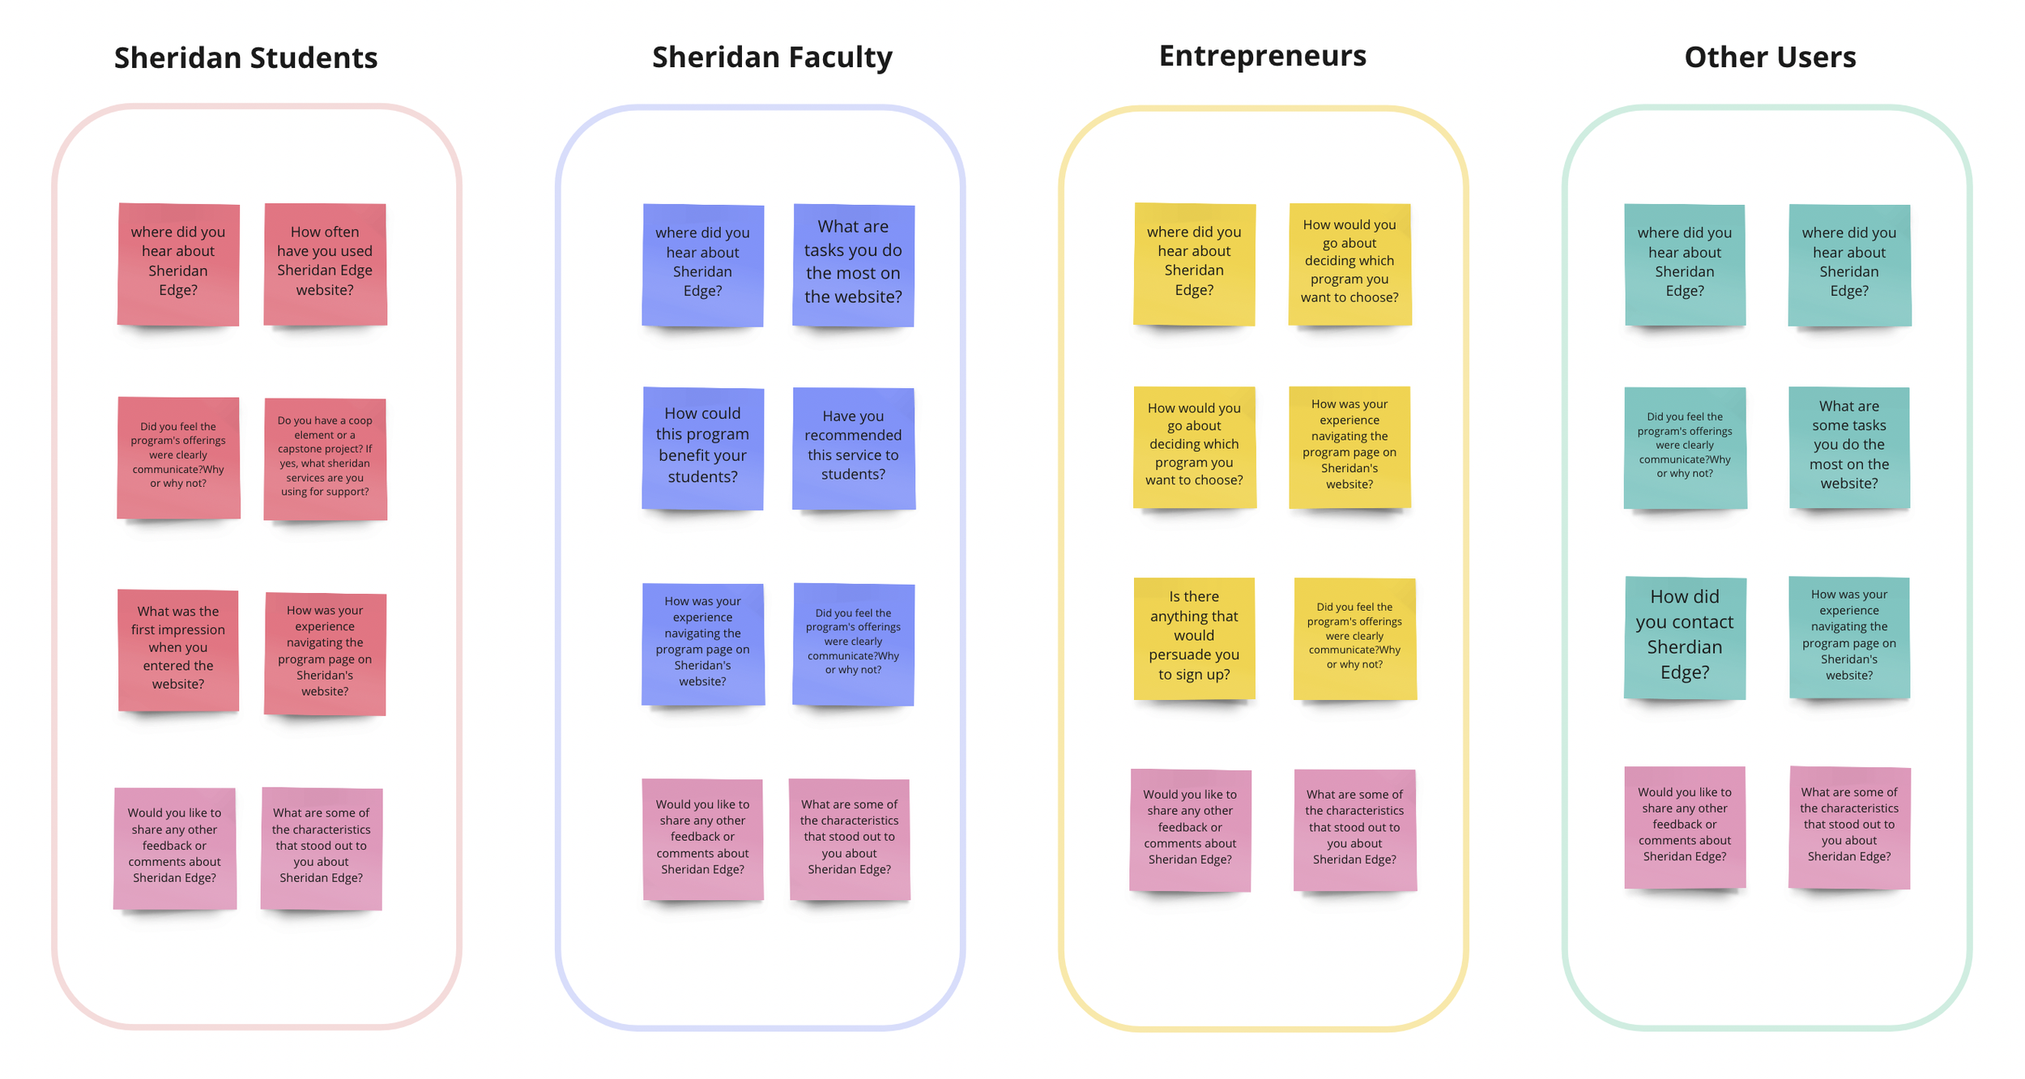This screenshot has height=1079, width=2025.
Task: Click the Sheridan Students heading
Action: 245,58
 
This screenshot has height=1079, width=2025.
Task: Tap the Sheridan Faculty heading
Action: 771,57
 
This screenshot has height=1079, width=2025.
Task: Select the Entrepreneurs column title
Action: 1262,55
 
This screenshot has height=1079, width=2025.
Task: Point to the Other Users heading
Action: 1770,57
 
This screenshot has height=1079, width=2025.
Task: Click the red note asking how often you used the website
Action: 325,263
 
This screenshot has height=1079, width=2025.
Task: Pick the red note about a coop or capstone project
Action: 325,458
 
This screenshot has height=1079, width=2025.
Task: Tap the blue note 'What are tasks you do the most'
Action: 853,264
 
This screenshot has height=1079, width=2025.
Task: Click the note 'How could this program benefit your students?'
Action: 702,447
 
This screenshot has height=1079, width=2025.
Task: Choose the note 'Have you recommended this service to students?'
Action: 853,447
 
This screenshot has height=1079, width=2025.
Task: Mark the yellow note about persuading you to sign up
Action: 1194,638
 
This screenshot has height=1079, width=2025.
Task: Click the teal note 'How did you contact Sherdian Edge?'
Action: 1684,637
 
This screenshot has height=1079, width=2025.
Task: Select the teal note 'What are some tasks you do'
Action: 1848,446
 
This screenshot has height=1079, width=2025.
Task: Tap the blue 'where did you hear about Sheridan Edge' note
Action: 702,264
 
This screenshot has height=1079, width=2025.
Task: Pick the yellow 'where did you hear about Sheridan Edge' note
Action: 1194,263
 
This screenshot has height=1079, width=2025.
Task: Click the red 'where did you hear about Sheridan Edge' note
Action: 178,263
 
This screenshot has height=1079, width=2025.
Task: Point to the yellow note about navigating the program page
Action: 1349,446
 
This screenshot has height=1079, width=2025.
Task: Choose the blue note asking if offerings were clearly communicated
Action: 853,643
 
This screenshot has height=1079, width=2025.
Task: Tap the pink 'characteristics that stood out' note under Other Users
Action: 1848,826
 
